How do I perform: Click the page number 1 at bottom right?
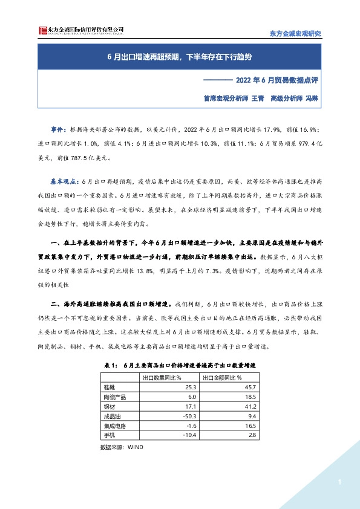tap(340, 482)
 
